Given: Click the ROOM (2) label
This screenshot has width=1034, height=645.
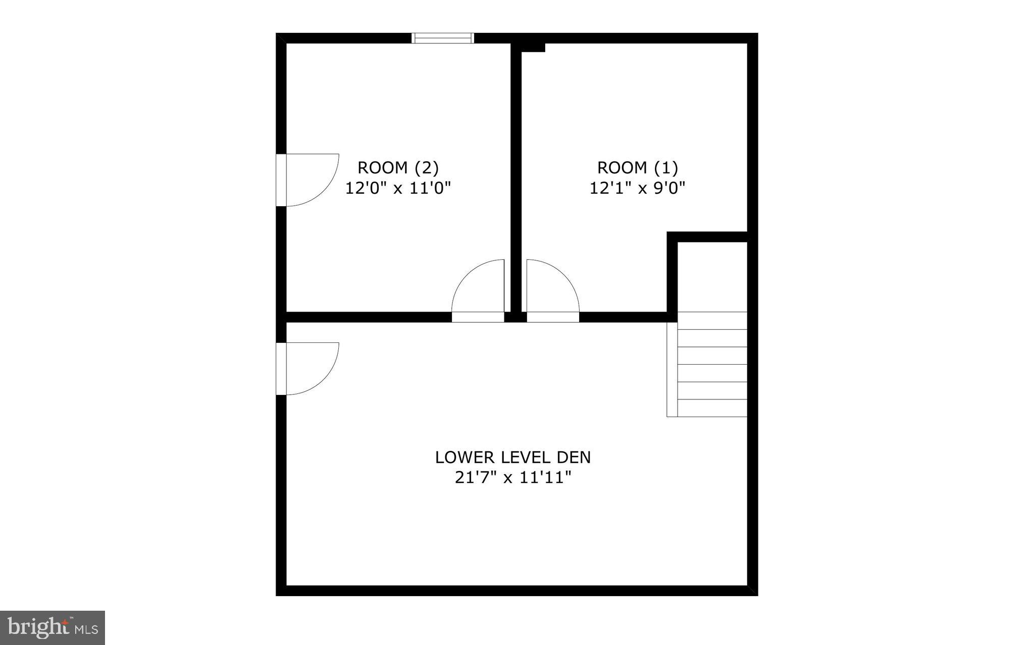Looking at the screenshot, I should point(398,167).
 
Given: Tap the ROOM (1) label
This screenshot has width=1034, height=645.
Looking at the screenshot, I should point(638,167).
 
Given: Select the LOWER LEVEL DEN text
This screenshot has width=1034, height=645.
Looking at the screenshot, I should point(513,457).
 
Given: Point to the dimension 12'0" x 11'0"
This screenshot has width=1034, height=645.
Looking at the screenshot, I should point(398,188).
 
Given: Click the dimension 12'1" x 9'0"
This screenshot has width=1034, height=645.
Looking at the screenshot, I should point(638,188).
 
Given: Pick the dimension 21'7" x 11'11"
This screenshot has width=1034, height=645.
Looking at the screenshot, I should point(513,477).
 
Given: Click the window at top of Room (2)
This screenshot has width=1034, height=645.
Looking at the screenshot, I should point(443,38).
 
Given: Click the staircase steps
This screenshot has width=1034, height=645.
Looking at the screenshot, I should point(712,365).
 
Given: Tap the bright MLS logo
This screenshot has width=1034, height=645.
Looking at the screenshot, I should point(53,628).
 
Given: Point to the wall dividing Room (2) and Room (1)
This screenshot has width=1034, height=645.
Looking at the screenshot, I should point(516,177).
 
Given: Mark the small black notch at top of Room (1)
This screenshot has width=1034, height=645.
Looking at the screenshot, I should point(533,47).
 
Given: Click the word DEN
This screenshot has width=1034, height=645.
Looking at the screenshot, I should point(574,457).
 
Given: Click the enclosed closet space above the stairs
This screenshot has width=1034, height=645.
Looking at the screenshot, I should point(712,276).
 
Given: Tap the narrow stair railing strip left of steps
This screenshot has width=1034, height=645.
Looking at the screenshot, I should point(672,370).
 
